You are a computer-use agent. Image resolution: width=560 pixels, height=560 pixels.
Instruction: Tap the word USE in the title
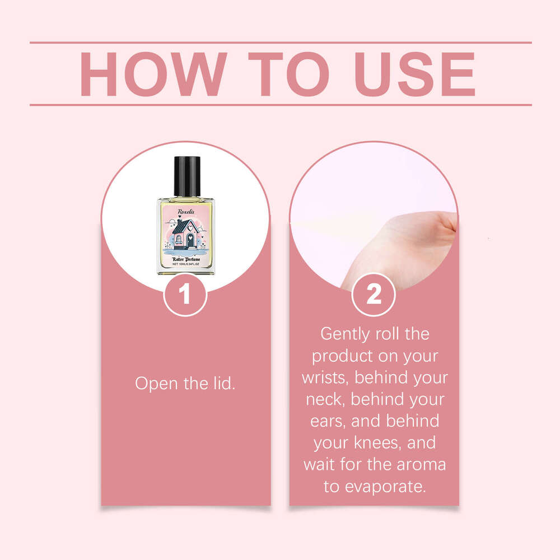(412, 74)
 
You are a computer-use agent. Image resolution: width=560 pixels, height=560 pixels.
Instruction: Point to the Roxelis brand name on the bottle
(185, 211)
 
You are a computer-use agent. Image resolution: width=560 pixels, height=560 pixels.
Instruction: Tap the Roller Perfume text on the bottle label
(185, 259)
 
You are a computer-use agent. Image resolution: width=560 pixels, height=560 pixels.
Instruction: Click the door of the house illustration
(190, 241)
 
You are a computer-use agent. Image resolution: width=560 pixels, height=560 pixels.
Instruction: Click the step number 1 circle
(185, 295)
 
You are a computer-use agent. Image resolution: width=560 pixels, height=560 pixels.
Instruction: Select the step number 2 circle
(374, 295)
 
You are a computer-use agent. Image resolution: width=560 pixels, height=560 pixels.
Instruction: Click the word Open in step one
(154, 384)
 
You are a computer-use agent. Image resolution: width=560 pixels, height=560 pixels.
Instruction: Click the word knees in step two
(382, 443)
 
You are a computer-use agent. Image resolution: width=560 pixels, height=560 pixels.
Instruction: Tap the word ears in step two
(326, 421)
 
